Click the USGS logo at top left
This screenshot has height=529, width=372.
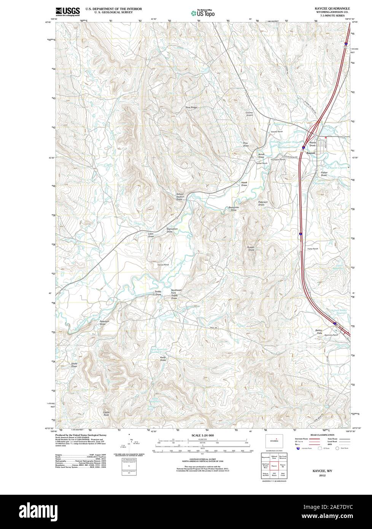pos(67,11)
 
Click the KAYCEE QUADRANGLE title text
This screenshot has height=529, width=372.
pos(330,8)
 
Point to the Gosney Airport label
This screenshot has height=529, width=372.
pos(249,114)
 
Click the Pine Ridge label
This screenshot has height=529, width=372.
pos(191,108)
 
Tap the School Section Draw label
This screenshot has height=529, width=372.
pos(180,197)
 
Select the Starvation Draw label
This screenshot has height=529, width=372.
pos(172,230)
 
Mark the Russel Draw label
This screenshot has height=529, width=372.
pos(251,249)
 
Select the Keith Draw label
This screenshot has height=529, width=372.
pos(163,359)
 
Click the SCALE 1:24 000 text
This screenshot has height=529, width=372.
pos(202,435)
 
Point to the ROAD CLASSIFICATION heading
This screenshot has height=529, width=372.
pos(322,435)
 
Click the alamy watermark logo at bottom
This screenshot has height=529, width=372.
pos(186,512)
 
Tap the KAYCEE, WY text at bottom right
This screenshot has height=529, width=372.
pos(322,470)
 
